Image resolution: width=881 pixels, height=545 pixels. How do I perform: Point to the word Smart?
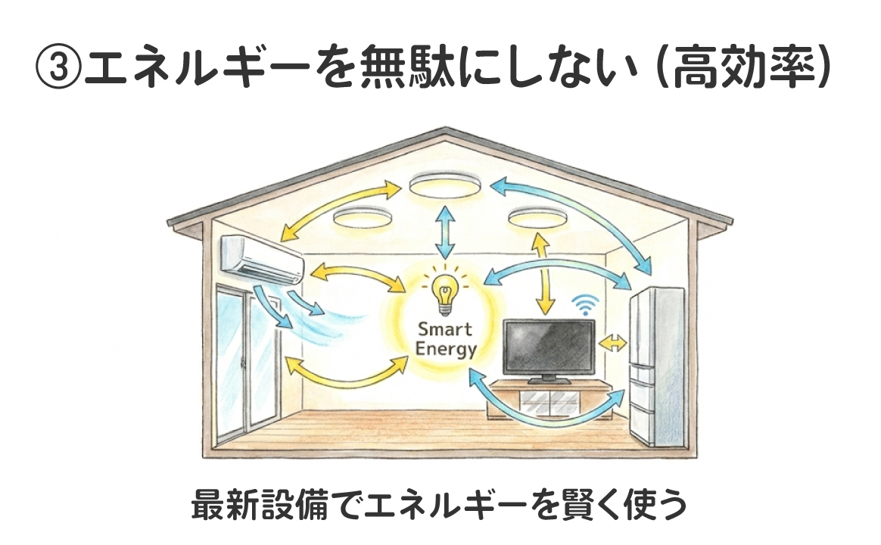tap(444, 329)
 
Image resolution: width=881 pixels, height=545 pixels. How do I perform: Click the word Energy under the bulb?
tap(446, 349)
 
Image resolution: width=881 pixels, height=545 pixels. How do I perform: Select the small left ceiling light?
tap(361, 218)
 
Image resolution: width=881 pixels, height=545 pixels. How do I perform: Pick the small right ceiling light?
tap(537, 217)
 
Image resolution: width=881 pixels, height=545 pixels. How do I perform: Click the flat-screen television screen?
tap(549, 347)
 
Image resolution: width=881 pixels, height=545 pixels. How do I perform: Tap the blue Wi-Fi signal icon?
tap(583, 305)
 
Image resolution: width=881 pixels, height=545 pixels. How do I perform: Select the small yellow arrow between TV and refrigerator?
tap(612, 343)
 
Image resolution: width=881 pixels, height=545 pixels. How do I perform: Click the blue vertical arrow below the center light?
tap(444, 235)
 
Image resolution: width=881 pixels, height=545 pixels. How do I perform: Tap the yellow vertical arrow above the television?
tap(543, 272)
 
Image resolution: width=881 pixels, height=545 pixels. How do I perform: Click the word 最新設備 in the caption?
tap(245, 505)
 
